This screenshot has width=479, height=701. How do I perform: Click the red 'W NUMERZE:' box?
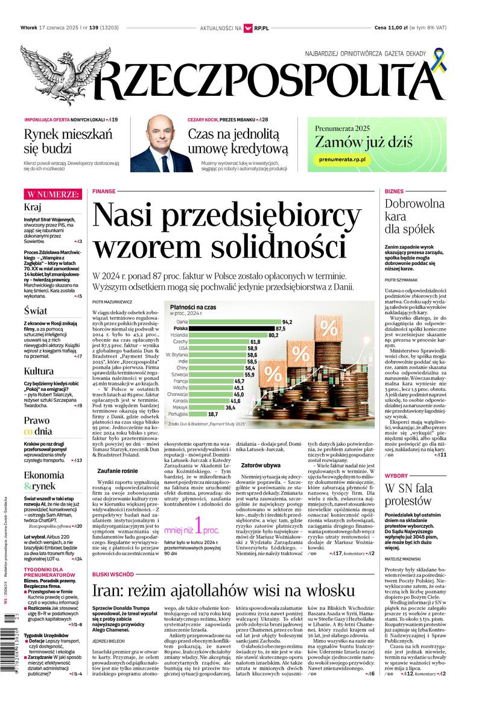click(52, 194)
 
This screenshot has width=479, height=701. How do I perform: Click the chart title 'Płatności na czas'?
click(193, 308)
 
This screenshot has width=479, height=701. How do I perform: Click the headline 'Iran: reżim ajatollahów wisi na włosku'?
click(223, 589)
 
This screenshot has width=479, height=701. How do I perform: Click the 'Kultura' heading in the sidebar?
click(39, 371)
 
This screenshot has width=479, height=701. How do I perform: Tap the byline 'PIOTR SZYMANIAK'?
click(401, 280)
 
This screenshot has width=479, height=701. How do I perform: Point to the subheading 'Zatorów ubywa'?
click(261, 465)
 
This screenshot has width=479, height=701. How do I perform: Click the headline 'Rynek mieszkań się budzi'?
click(68, 141)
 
